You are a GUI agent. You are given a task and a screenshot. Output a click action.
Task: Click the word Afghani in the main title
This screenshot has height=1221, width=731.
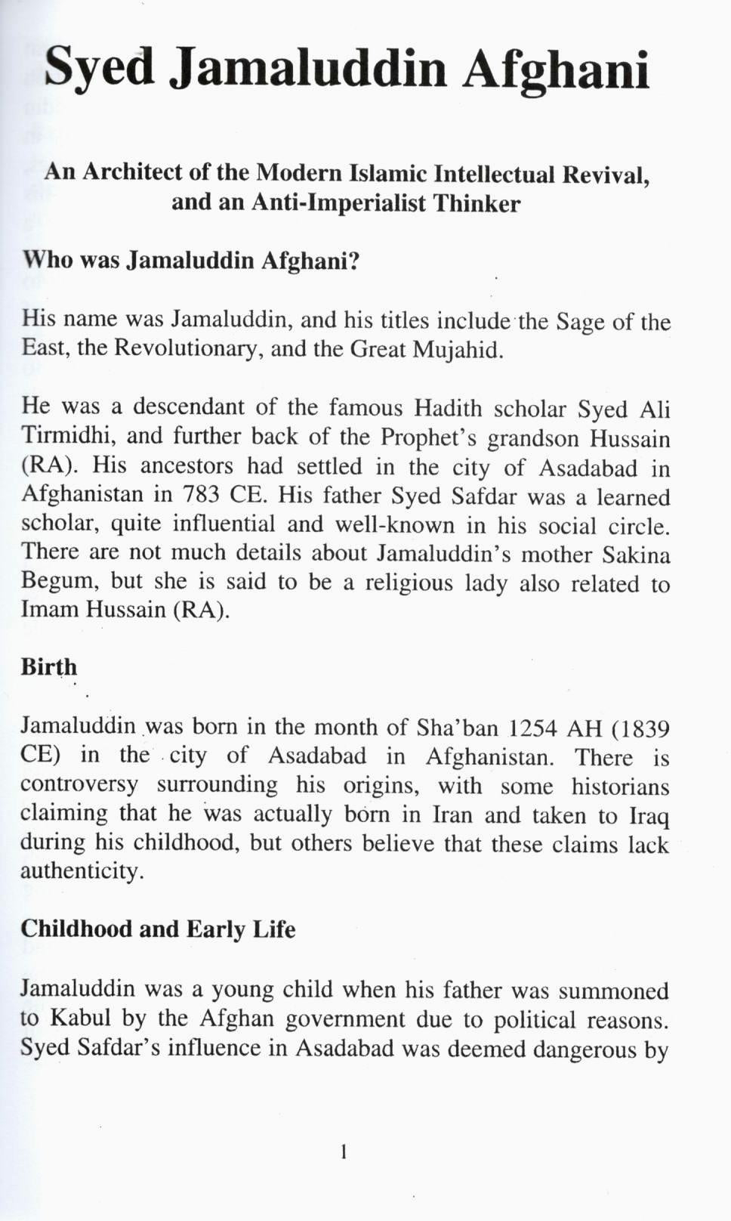pyautogui.click(x=557, y=70)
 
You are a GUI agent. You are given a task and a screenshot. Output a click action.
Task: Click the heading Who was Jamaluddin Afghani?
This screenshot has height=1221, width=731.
pyautogui.click(x=190, y=261)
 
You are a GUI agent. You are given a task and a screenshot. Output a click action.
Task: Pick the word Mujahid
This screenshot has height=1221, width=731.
pyautogui.click(x=458, y=351)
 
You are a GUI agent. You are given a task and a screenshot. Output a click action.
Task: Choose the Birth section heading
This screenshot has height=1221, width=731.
pyautogui.click(x=49, y=667)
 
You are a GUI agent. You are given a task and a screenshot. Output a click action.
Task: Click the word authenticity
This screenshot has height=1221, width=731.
pyautogui.click(x=82, y=871)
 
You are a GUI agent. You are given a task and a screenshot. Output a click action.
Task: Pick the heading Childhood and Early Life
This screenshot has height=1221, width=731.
pyautogui.click(x=158, y=929)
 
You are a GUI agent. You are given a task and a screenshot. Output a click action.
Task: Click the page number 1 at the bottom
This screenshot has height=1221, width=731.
pyautogui.click(x=344, y=1152)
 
